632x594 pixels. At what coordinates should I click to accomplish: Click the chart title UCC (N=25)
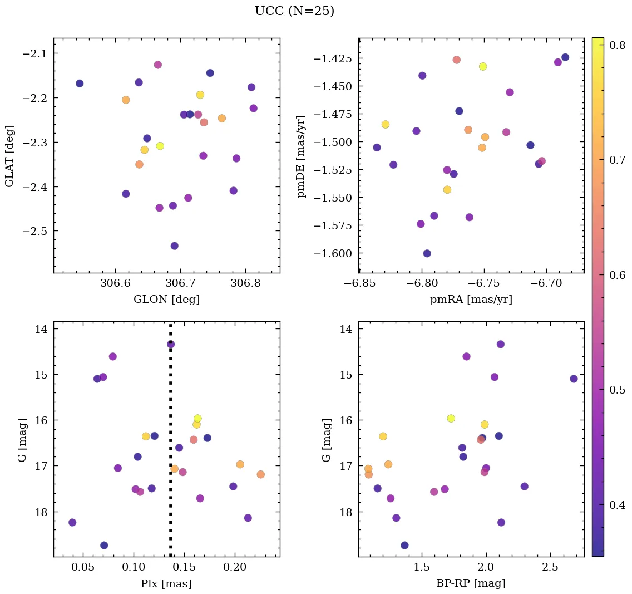[x=294, y=11]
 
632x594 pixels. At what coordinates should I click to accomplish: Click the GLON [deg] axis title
[x=166, y=300]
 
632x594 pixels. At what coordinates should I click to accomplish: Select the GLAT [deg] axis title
[x=9, y=156]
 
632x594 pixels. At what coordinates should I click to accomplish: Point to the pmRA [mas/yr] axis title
[x=471, y=300]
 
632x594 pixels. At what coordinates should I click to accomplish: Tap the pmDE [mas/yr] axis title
[x=301, y=156]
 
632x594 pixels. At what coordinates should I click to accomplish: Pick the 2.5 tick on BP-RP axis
[x=550, y=567]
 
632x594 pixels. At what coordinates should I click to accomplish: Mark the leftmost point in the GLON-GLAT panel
[x=80, y=84]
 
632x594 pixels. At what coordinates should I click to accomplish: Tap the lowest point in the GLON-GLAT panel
[x=174, y=246]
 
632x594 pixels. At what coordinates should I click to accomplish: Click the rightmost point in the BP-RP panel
[x=574, y=379]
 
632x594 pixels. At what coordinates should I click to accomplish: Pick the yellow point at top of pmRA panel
[x=483, y=67]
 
